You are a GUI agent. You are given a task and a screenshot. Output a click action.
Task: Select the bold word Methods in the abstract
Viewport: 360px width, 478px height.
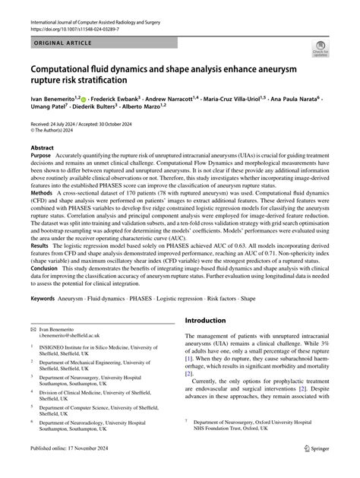tap(43, 214)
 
